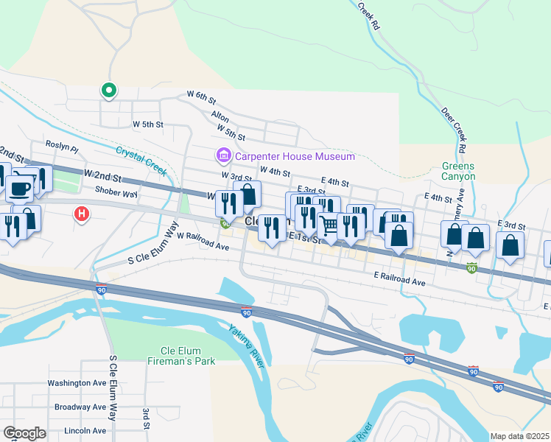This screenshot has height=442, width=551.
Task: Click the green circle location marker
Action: pyautogui.click(x=108, y=91)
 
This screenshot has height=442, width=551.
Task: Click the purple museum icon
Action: pyautogui.click(x=222, y=156)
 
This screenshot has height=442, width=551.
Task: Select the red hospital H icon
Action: pyautogui.click(x=82, y=214)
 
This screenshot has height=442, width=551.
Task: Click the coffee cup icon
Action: pyautogui.click(x=19, y=188)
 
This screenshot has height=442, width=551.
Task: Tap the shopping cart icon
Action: pyautogui.click(x=329, y=225)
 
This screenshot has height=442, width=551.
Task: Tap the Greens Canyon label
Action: pyautogui.click(x=458, y=171)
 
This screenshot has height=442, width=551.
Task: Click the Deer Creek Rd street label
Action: pyautogui.click(x=453, y=131)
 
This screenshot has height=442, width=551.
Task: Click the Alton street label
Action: pyautogui.click(x=220, y=116)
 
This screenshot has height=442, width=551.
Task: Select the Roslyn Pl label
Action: pyautogui.click(x=61, y=146)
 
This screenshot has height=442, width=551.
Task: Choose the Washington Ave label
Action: pyautogui.click(x=77, y=383)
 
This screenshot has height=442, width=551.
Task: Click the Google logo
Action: pyautogui.click(x=25, y=433)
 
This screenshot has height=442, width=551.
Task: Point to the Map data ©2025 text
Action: pyautogui.click(x=519, y=436)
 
